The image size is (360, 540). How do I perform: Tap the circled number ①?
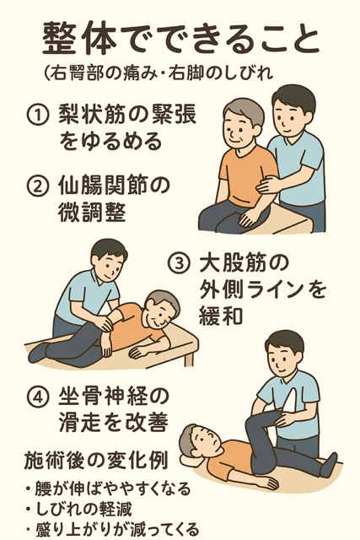tap(37, 116)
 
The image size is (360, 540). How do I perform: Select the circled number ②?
tap(37, 186)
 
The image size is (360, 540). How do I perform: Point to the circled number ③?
tap(179, 264)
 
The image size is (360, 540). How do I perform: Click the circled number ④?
tap(37, 397)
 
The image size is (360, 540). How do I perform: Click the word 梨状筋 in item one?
tap(92, 115)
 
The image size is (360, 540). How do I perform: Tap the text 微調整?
tap(92, 212)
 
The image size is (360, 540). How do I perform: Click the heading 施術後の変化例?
tap(96, 460)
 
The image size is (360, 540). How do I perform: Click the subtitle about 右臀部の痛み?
tap(159, 73)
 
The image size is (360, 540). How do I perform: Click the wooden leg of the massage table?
tap(189, 359)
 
